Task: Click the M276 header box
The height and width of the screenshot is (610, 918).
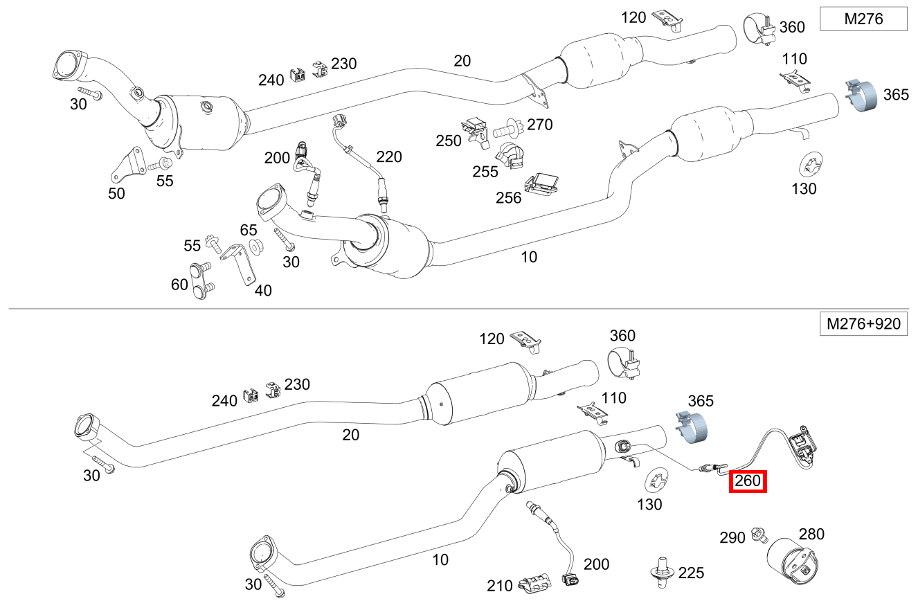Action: coord(863,19)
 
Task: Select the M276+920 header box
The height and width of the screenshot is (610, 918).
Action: coord(863,323)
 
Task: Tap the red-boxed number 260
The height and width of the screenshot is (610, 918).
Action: coord(748,481)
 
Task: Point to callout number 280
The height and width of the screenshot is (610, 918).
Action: coord(811,534)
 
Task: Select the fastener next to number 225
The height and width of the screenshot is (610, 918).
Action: coord(662,573)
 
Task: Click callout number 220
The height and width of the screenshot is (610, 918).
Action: coord(388,157)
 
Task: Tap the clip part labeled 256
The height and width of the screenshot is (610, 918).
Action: coord(543,184)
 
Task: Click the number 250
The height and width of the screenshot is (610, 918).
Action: coord(449,141)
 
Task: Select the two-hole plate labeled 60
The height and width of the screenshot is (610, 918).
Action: coord(201,281)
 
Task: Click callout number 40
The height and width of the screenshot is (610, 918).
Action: coord(262,290)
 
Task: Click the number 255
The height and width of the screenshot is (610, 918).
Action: coord(485,171)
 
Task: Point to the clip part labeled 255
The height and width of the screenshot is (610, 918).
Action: coord(512,156)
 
